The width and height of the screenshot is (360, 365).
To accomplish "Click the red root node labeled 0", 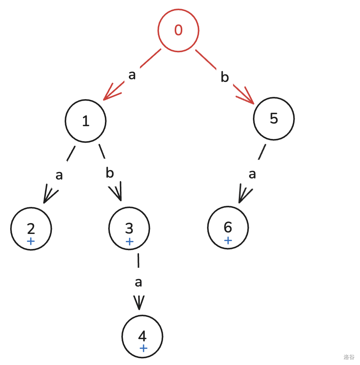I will (178, 30).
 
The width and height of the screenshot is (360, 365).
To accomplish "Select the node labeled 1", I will (86, 121).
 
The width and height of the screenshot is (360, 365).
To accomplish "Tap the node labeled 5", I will (274, 119).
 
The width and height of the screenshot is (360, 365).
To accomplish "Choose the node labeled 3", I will (129, 228).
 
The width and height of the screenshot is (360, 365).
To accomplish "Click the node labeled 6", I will (228, 227).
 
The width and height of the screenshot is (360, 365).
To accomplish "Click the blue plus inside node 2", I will (31, 241).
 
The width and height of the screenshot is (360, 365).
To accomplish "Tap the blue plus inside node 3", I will (129, 241).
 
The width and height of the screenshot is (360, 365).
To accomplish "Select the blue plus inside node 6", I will (228, 240).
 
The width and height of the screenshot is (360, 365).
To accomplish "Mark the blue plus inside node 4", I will (143, 348).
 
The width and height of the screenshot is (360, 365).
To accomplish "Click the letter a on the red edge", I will (132, 75).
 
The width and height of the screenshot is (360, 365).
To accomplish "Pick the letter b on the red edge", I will (224, 77).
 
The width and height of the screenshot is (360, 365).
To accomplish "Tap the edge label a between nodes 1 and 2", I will (59, 175).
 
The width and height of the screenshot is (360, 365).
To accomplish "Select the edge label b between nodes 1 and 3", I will (109, 173).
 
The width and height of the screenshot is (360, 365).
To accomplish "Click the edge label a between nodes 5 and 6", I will (252, 174).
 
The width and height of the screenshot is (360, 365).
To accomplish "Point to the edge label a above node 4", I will (138, 282).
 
